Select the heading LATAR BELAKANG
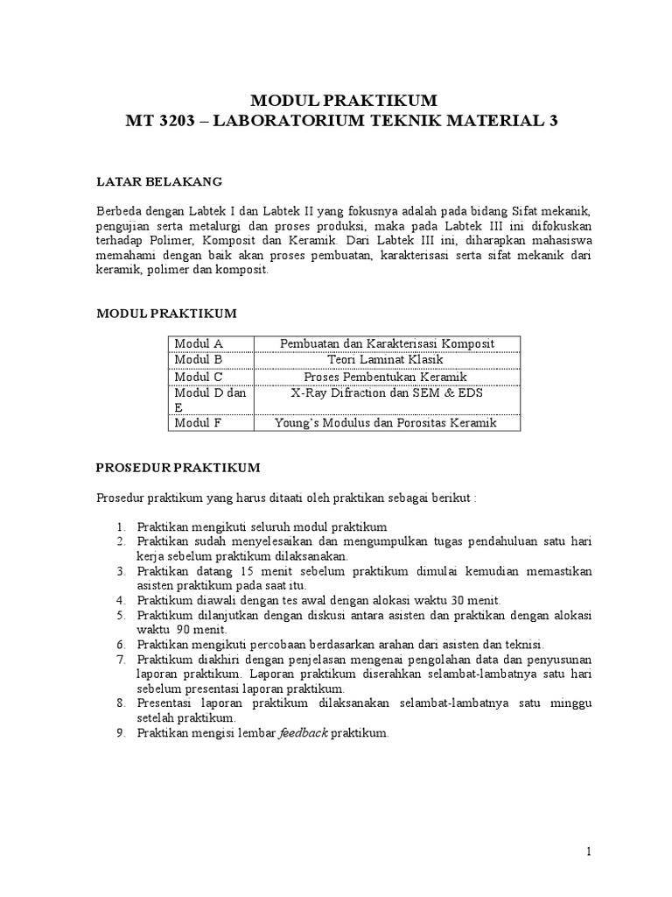(x=158, y=181)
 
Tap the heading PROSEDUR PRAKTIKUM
(x=178, y=468)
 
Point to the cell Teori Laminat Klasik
(x=385, y=359)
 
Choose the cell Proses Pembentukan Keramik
(x=385, y=376)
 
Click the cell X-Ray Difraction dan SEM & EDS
(x=385, y=392)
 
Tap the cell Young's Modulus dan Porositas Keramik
(x=385, y=423)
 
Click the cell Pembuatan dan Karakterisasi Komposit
(x=385, y=343)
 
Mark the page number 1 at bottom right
(x=590, y=851)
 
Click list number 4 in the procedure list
(x=120, y=600)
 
